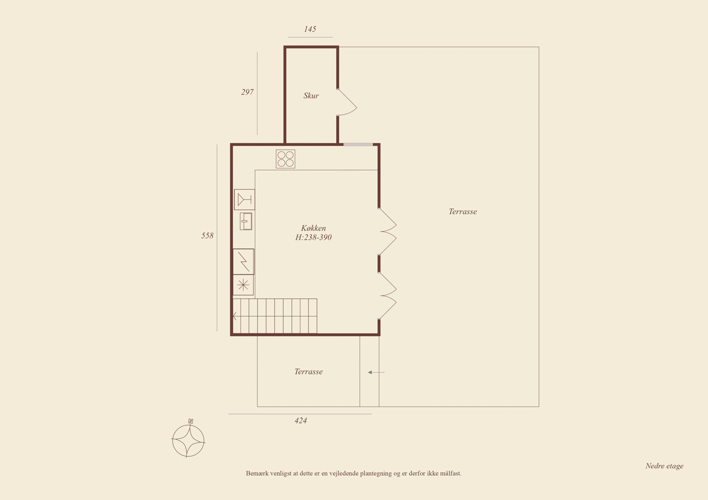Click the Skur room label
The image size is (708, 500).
tap(311, 95)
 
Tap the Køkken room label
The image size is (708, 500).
tap(313, 228)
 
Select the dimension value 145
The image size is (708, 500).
tap(310, 29)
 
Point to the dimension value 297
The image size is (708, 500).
tap(247, 92)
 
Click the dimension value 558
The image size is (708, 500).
tap(208, 236)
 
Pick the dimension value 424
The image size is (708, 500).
tap(300, 421)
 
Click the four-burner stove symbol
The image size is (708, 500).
tap(285, 159)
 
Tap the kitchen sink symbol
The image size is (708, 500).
tap(246, 221)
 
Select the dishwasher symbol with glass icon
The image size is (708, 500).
tap(244, 200)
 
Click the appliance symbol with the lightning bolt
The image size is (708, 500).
tap(243, 262)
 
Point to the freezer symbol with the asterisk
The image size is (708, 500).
tap(243, 285)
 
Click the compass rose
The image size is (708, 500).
tap(189, 439)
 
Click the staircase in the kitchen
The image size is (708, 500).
tap(275, 316)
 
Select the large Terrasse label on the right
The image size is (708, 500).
tap(463, 212)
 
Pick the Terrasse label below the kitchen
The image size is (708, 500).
tap(308, 372)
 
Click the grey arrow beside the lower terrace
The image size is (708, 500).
tap(376, 372)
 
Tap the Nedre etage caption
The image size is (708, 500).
tap(664, 466)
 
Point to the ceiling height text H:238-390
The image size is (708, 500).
tap(313, 237)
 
